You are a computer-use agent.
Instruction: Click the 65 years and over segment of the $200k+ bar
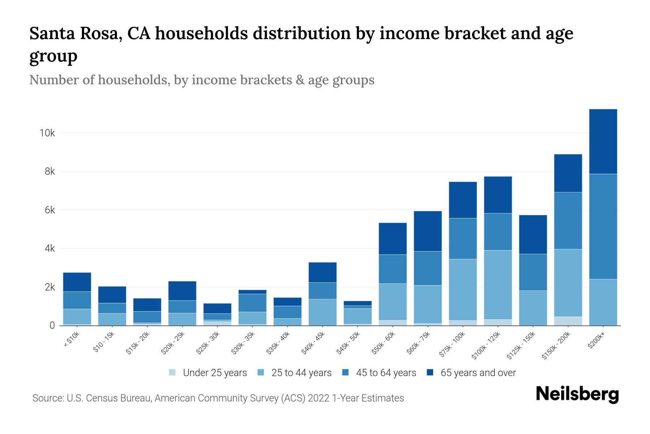603,141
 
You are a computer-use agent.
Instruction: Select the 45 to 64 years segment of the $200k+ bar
603,226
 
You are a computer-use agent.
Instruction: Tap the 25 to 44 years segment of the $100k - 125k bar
498,285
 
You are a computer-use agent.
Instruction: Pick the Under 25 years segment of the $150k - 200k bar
568,321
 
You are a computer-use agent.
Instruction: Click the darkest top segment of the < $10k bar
77,282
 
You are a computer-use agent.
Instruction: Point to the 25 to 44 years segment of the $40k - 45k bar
322,312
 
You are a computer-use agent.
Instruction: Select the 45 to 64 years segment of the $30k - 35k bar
252,303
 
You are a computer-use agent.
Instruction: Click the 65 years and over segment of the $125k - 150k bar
533,234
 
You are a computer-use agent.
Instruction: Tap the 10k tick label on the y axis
47,133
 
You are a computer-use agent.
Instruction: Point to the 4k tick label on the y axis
50,249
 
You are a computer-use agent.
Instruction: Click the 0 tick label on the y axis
52,326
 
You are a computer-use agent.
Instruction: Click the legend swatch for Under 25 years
173,373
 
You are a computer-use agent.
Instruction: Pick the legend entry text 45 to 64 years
386,373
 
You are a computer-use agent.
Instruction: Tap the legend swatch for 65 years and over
430,373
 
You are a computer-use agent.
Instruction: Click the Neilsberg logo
577,394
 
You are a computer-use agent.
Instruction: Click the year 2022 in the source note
318,398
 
